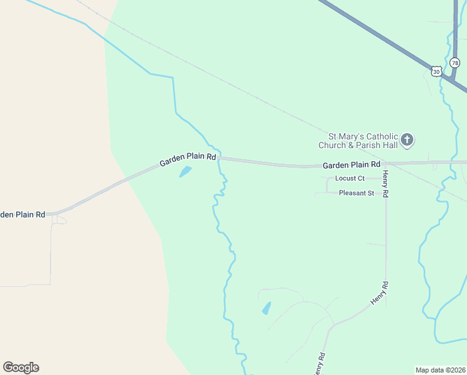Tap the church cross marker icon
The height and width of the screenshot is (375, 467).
tap(407, 140)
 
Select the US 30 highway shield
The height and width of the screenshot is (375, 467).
tap(436, 72)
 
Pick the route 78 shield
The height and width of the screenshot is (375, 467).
tap(455, 63)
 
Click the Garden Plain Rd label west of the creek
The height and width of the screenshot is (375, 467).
tap(188, 160)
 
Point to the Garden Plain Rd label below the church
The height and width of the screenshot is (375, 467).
tap(351, 165)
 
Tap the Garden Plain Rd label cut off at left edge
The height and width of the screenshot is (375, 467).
tap(22, 214)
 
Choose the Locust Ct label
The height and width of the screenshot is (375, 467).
tap(350, 179)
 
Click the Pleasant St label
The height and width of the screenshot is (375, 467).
tap(356, 193)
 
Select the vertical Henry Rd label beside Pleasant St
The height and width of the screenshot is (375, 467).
tap(386, 184)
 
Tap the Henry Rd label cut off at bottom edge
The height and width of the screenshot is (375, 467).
tap(319, 364)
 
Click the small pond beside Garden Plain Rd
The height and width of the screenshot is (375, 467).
tap(185, 171)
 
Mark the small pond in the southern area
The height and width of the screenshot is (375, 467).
tap(267, 308)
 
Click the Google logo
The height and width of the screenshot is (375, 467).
tap(21, 367)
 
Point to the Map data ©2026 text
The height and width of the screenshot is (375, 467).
tap(440, 370)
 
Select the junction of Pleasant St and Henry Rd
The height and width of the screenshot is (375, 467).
tap(385, 193)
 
